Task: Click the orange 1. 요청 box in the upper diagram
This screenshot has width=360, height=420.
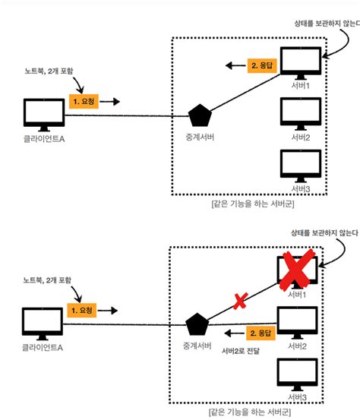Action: click(85, 99)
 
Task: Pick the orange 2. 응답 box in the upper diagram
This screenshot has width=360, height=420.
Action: click(264, 65)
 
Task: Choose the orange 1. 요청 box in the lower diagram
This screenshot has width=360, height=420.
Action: click(85, 311)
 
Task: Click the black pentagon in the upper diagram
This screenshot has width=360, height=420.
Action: click(199, 116)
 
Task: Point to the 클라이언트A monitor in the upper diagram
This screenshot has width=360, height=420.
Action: click(43, 113)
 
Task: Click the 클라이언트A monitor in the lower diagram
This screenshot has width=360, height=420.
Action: click(43, 324)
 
